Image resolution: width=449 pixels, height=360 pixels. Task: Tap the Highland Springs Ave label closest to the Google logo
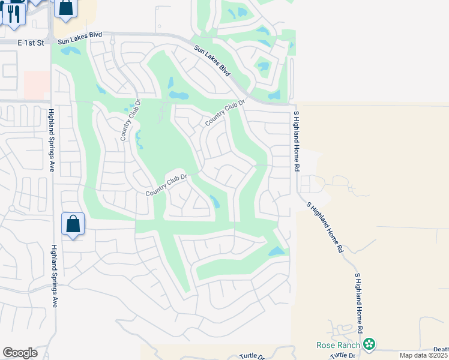click(55, 276)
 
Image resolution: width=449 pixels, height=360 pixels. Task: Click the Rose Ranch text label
click(339, 344)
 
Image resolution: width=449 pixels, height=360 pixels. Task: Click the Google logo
click(20, 353)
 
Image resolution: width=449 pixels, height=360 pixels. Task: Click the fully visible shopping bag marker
click(73, 225)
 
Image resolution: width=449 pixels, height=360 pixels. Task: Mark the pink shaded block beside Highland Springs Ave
click(37, 85)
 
